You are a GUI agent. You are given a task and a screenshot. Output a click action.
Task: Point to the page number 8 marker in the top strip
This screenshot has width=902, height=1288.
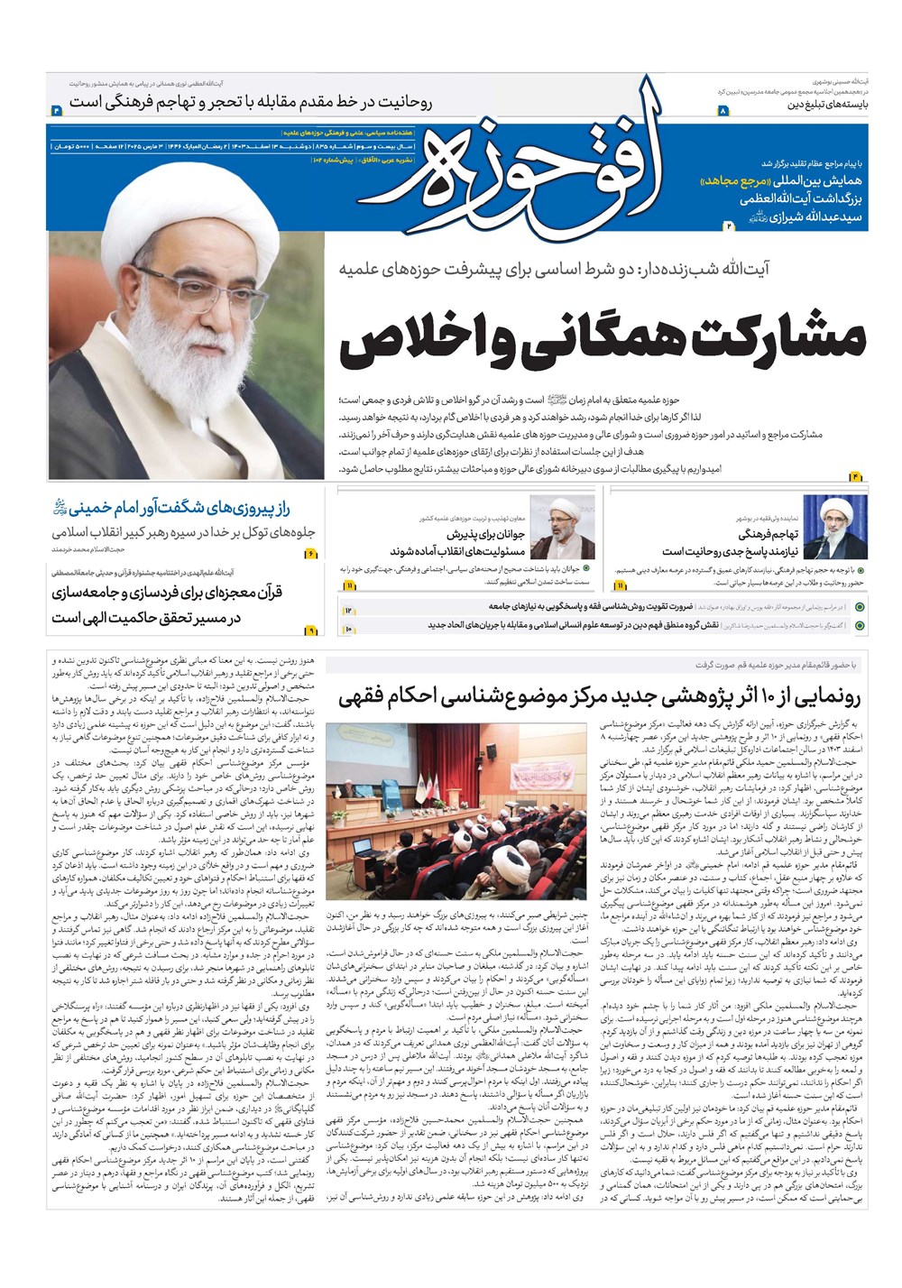722,110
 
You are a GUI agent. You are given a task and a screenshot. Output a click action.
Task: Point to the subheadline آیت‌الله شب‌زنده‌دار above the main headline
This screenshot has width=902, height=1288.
603,269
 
